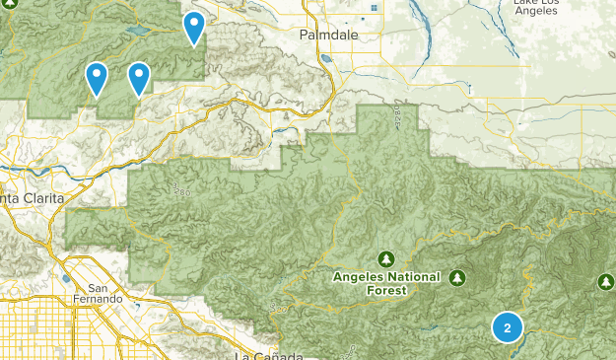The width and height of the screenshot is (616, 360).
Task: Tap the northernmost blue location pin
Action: click(x=195, y=27)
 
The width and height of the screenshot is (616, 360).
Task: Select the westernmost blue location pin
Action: click(x=97, y=77)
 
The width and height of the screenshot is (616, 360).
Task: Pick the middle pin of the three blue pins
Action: click(x=139, y=77)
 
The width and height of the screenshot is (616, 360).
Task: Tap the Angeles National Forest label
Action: click(x=387, y=283)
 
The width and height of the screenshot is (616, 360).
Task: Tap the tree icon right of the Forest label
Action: click(x=457, y=277)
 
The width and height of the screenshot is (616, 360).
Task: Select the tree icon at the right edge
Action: click(x=605, y=283)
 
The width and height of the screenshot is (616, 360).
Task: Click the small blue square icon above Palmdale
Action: click(x=375, y=9)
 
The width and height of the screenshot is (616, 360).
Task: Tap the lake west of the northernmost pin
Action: click(x=138, y=32)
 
